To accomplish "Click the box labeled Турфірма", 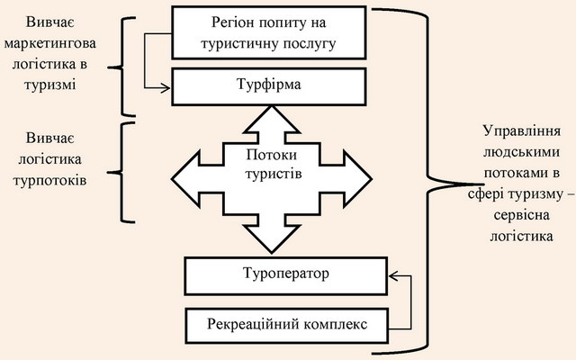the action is tap(269, 86).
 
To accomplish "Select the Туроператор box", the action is tap(286, 276).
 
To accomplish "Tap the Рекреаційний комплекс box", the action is tap(287, 326).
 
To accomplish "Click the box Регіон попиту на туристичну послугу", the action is tap(269, 32).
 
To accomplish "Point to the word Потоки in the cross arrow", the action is tap(272, 155).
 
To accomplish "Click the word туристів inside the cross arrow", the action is tap(274, 173).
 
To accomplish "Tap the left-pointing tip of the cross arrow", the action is tap(172, 179).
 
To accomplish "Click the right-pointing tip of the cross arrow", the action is tap(372, 179).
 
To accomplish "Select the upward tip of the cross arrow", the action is tap(272, 106).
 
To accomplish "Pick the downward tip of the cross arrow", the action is tap(272, 253).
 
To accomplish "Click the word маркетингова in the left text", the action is tap(50, 43).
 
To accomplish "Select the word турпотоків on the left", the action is tap(50, 180).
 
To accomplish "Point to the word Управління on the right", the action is tap(522, 131).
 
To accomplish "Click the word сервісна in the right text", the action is tap(522, 215).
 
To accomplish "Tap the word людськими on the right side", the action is tap(522, 152).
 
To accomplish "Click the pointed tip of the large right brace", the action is tap(482, 184).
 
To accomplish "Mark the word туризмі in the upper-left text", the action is tap(50, 85).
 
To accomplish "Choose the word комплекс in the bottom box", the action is tap(336, 325).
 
